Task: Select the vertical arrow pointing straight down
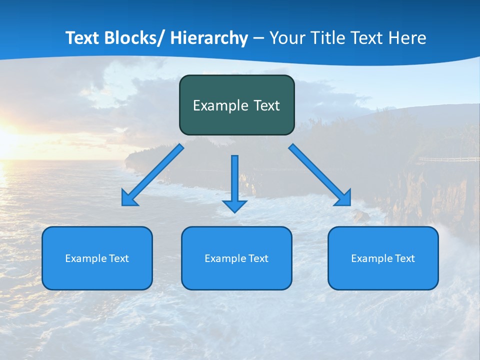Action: [x=234, y=180]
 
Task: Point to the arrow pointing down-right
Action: [x=317, y=172]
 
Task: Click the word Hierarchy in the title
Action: [x=209, y=38]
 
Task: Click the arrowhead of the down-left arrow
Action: [x=128, y=199]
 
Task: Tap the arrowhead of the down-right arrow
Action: [x=343, y=198]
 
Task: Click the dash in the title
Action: [x=258, y=38]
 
